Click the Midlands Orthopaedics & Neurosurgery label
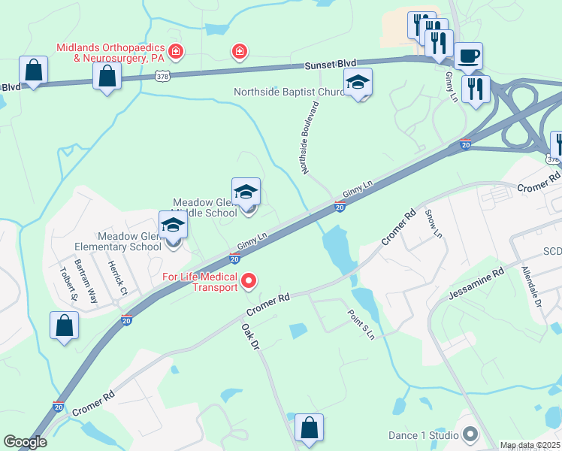(x=110, y=52)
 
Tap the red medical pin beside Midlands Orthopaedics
(x=175, y=51)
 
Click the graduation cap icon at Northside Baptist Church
(x=358, y=83)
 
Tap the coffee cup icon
(x=468, y=56)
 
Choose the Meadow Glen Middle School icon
(x=246, y=192)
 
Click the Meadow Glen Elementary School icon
(x=174, y=225)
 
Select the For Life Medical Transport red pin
(x=248, y=282)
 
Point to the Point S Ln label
(x=360, y=324)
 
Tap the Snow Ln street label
(x=434, y=223)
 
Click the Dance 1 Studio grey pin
(x=470, y=434)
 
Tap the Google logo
(x=25, y=442)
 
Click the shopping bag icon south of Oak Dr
(x=309, y=428)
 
